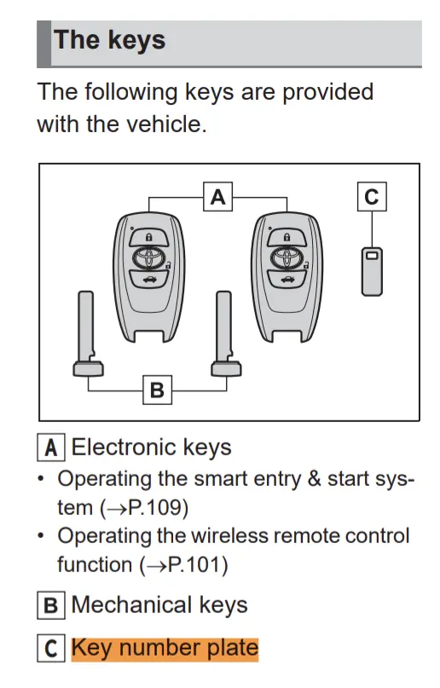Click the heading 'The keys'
pyautogui.click(x=109, y=40)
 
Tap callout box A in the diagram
pyautogui.click(x=218, y=197)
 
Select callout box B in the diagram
pyautogui.click(x=156, y=390)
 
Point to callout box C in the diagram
pyautogui.click(x=371, y=197)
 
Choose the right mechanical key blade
pyautogui.click(x=224, y=332)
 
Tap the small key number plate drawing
pyautogui.click(x=371, y=271)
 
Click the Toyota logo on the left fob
pyautogui.click(x=149, y=258)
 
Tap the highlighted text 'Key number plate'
pyautogui.click(x=164, y=649)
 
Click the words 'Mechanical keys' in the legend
pyautogui.click(x=159, y=605)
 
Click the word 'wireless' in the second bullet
pyautogui.click(x=241, y=536)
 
